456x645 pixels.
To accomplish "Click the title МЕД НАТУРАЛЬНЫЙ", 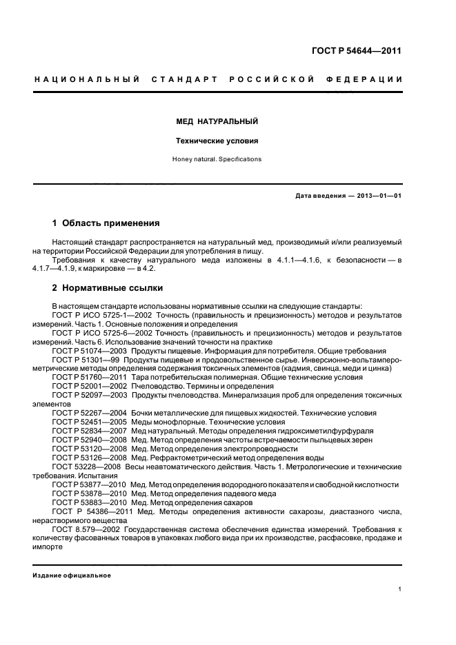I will click(x=217, y=121).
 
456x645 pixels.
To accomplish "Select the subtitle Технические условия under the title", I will click(x=217, y=141).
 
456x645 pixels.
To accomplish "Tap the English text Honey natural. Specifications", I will click(x=217, y=159).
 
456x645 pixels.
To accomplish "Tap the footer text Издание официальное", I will click(x=67, y=575).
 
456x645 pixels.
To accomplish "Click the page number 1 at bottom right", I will click(x=400, y=589).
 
